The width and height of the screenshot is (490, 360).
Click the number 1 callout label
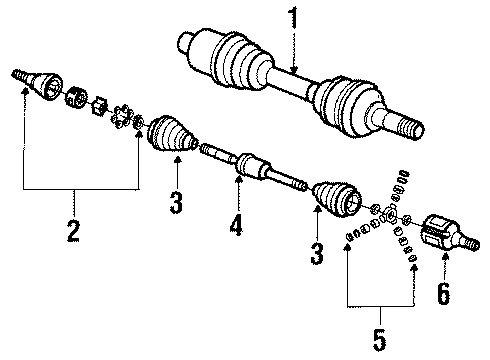click(295, 18)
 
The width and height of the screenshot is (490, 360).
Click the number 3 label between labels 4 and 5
click(316, 255)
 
